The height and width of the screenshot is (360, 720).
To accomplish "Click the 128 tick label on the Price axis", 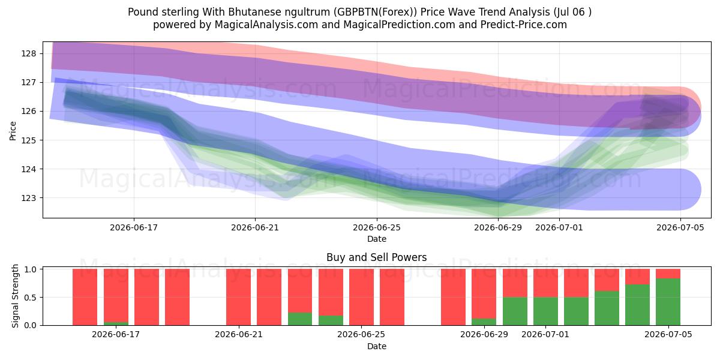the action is coord(29,53).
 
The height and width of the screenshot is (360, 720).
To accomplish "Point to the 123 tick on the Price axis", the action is coord(29,198).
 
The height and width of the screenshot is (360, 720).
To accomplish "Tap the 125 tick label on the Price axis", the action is coord(29,140).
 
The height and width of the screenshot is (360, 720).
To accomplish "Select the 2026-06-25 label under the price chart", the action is coord(377,227).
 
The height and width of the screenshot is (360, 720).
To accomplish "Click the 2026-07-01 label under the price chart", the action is coord(559,227).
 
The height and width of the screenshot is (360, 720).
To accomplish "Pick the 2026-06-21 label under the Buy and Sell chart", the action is coord(239,334).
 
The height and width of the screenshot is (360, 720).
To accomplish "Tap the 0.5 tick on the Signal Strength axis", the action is coord(30,298).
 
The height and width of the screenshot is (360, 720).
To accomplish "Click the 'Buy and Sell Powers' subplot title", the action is coord(377,257).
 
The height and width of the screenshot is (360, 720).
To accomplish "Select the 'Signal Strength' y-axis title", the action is coord(15,296).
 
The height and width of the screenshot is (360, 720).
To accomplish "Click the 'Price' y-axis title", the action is coord(13,131).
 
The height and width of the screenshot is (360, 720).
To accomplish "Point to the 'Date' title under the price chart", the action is coord(377,239).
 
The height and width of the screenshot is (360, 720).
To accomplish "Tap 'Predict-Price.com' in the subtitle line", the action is coord(524,25).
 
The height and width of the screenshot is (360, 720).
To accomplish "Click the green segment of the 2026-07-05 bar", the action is coord(668,302).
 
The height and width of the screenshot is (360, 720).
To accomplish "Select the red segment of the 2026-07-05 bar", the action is coord(668,274).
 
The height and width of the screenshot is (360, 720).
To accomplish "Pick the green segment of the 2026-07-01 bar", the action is coord(546,311).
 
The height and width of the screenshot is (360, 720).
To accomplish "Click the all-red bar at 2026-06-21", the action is coord(239,297).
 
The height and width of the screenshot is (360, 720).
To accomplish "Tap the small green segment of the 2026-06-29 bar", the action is coord(484,322).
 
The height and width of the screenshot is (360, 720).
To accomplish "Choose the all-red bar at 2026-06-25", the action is coord(362,297).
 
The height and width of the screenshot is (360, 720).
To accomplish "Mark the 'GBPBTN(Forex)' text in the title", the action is coord(375,12).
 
